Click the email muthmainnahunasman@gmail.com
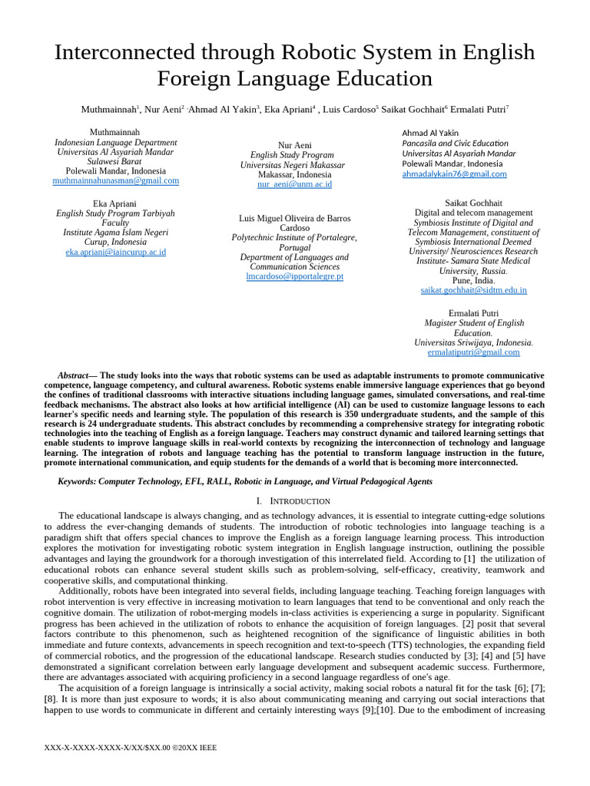coord(115,181)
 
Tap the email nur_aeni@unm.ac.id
coord(294,185)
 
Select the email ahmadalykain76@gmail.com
coord(454,174)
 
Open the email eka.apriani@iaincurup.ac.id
coord(115,252)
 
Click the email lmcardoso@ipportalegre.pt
coord(294,276)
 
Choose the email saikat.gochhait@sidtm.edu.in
coord(473,291)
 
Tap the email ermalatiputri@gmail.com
coord(473,352)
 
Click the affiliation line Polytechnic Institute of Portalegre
coord(294,238)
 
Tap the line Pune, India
coord(473,281)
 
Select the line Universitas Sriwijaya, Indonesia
coord(473,343)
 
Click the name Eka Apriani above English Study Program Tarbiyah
coord(114,203)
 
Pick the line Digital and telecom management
coord(473,213)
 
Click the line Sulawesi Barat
coord(114,162)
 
